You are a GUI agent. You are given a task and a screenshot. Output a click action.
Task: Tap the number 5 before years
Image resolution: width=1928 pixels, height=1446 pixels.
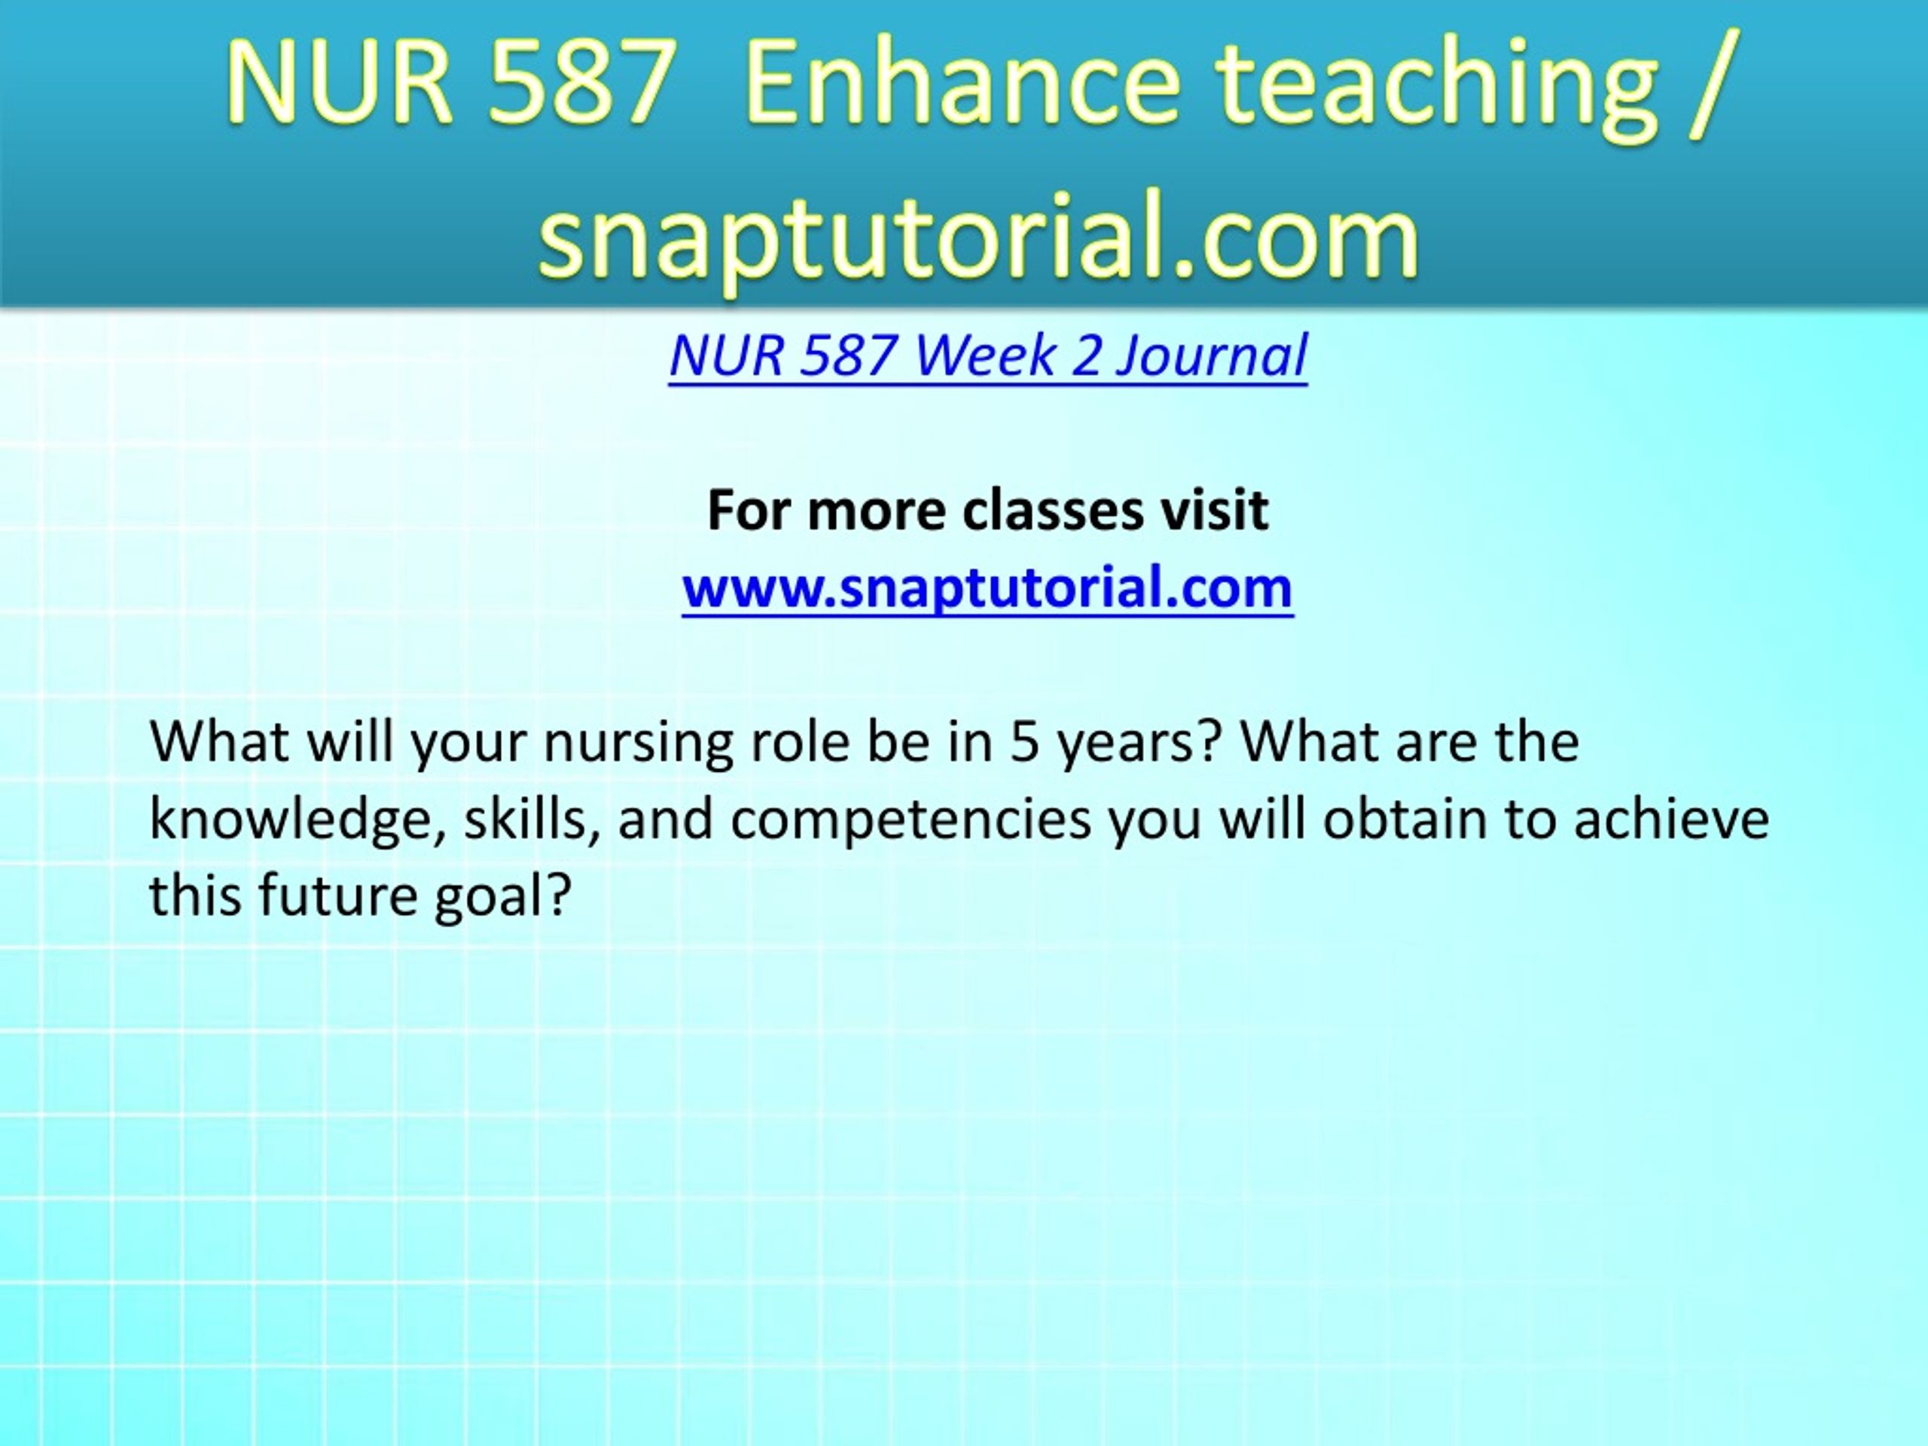tap(1025, 743)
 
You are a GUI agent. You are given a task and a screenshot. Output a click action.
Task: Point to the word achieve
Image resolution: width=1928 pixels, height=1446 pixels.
tap(1671, 819)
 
